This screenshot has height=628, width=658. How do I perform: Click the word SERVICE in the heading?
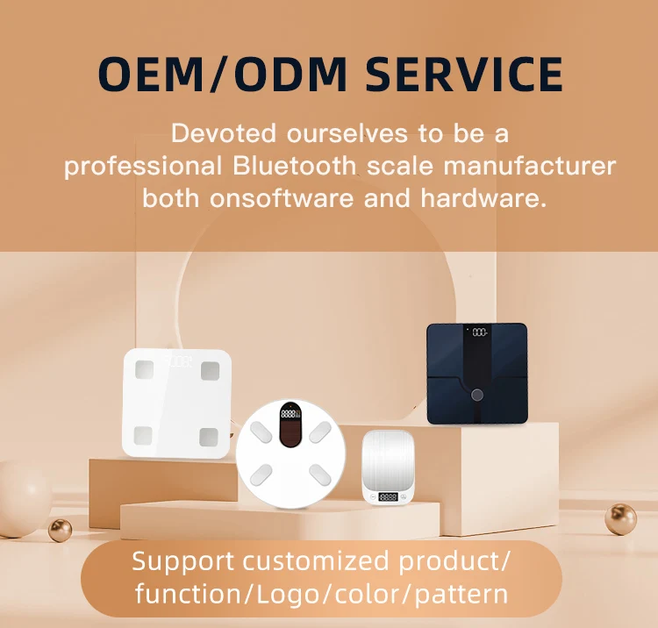point(464,75)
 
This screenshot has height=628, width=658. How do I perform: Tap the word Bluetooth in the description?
point(294,166)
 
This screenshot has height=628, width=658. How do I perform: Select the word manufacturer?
point(530,166)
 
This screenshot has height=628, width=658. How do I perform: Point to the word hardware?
point(483,198)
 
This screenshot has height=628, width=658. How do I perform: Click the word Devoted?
point(223,133)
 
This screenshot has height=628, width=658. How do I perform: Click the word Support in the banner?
point(182,562)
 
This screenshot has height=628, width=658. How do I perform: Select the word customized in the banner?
point(316,560)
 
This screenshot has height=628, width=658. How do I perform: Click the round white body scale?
point(290,454)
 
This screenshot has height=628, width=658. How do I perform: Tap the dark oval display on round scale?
point(290,425)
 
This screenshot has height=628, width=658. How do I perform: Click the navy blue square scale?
point(476,374)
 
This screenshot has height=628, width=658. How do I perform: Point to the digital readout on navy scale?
point(480,332)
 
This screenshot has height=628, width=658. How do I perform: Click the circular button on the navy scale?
point(476,395)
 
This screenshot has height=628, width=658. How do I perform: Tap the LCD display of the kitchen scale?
point(388,496)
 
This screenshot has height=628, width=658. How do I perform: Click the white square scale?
point(176,403)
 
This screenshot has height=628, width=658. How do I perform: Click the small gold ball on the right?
point(620,519)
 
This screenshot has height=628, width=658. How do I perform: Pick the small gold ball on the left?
point(60,531)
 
